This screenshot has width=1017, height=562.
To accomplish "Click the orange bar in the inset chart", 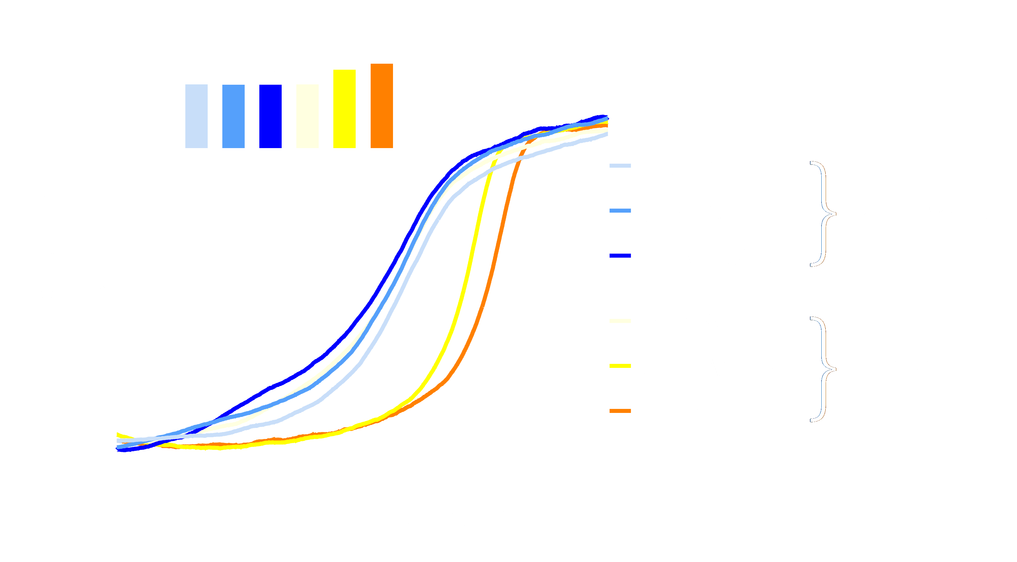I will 381,105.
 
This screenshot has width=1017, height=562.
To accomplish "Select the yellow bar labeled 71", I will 344,109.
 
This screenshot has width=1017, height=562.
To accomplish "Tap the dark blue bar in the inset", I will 270,116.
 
